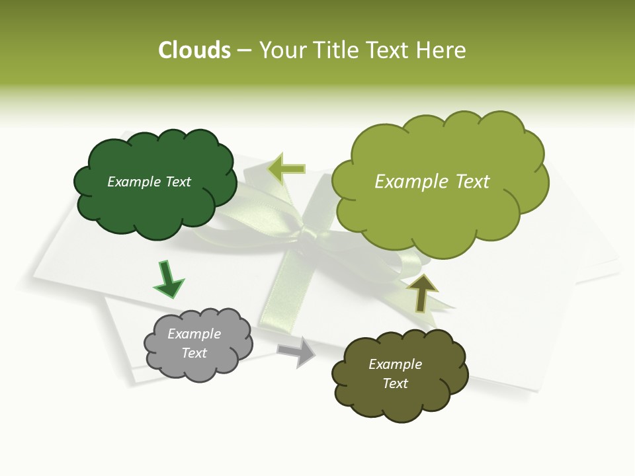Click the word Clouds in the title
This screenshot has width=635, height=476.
(x=194, y=50)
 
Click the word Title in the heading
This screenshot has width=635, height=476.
(x=336, y=50)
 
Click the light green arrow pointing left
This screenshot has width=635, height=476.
(x=286, y=169)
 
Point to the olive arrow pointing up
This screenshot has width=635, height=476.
(x=421, y=292)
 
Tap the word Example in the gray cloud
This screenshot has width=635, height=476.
(x=194, y=334)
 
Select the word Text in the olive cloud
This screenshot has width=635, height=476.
(x=395, y=383)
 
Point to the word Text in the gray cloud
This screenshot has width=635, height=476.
(x=194, y=353)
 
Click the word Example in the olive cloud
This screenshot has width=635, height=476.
(x=395, y=364)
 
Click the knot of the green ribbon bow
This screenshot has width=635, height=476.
(x=308, y=235)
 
